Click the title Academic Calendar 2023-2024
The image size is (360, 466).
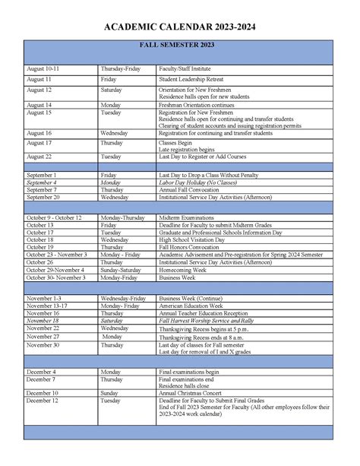point(180,27)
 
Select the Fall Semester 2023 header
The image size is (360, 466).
point(179,46)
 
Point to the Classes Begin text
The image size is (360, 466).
point(175,143)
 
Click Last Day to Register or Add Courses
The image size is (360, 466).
point(204,157)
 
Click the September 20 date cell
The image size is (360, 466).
point(46,197)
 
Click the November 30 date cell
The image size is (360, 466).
point(43,344)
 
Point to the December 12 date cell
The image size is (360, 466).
point(42,400)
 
